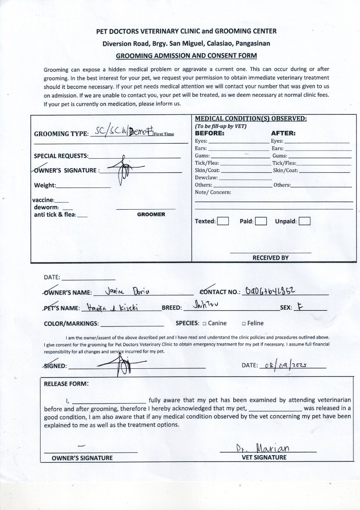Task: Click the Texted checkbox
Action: tap(223, 221)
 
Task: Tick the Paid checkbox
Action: tap(261, 221)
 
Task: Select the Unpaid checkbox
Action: tap(305, 221)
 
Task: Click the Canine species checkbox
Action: tap(205, 323)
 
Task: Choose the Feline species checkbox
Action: tap(244, 323)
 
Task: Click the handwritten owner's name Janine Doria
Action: tap(129, 291)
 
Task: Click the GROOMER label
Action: tap(151, 214)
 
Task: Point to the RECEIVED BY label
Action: tap(270, 258)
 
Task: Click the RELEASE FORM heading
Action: tap(66, 383)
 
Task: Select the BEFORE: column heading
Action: tap(210, 133)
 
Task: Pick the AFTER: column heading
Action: tap(283, 133)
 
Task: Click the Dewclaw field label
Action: tap(206, 178)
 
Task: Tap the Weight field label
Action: tap(45, 185)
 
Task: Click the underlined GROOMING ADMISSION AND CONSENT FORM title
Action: tap(186, 55)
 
